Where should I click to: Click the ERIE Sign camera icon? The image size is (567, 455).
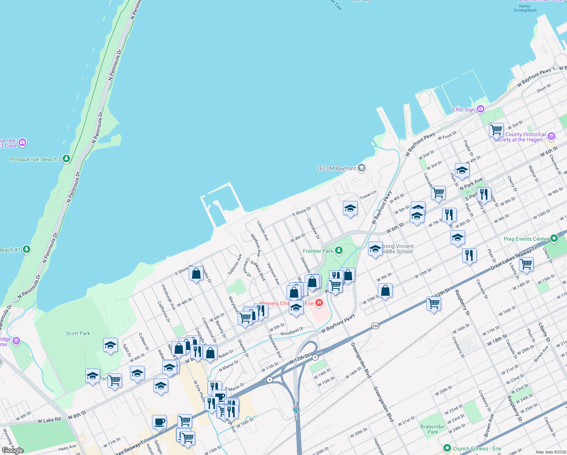coord(481,109)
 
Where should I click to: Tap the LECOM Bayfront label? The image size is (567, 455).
coord(336,168)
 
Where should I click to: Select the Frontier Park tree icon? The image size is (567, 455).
coord(339,251)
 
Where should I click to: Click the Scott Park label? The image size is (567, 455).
coord(78,333)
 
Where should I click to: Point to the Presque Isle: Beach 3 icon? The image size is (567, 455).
coord(66,158)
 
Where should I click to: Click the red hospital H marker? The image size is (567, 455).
coord(319,303)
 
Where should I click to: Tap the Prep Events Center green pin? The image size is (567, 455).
coord(554,238)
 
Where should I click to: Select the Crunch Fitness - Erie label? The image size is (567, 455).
coord(477,449)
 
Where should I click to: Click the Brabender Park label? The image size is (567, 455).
coord(432,429)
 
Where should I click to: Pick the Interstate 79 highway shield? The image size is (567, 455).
coord(296,410)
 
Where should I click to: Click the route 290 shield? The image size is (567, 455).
coord(375,326)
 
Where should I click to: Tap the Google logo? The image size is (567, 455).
coord(13,450)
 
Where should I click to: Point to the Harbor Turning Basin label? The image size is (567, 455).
coord(525,8)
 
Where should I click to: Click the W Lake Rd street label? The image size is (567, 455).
coord(49,420)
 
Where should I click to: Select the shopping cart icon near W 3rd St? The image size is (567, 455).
coord(496,130)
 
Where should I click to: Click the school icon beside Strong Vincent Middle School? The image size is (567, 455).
coord(375,249)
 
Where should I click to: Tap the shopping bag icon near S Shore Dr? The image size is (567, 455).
coord(196,273)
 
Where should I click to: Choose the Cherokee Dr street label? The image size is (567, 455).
coord(313,229)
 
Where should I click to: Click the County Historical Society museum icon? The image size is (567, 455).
coord(551,136)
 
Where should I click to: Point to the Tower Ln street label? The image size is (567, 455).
coord(368,195)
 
